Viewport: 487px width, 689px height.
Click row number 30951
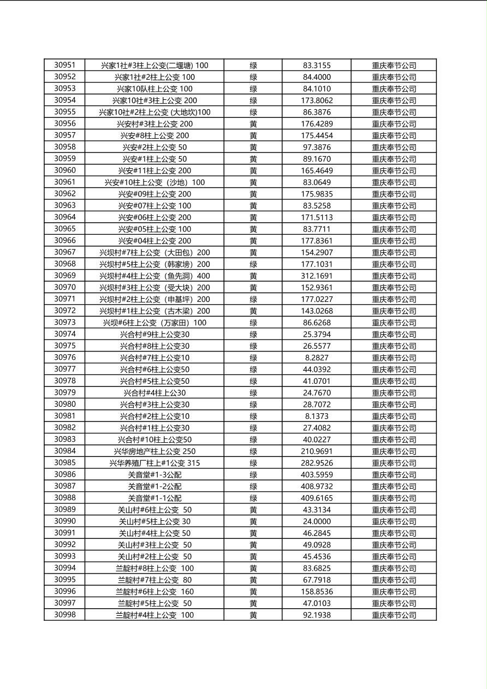[64, 66]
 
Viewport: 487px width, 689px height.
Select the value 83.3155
[317, 66]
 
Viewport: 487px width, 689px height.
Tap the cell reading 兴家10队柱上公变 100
[155, 89]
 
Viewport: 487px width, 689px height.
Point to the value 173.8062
[317, 100]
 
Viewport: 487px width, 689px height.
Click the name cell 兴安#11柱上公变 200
[155, 171]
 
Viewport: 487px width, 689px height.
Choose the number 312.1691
[317, 276]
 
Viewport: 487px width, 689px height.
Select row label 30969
[64, 276]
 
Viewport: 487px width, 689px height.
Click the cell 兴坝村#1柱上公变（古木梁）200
[155, 311]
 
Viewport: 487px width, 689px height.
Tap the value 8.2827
[317, 358]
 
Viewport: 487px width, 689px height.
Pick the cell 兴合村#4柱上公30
[155, 393]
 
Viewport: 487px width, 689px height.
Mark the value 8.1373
[317, 416]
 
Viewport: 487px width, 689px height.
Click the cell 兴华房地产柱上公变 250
[155, 452]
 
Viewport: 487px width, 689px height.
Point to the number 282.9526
[317, 463]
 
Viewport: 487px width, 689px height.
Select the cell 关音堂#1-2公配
[155, 486]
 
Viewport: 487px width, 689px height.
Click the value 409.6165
[317, 498]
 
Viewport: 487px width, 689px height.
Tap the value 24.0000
[317, 521]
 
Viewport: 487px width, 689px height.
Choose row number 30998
[64, 615]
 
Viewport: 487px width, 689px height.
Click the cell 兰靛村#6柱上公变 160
[155, 592]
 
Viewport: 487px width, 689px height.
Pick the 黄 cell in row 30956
[253, 124]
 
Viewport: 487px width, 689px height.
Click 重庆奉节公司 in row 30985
[394, 463]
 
